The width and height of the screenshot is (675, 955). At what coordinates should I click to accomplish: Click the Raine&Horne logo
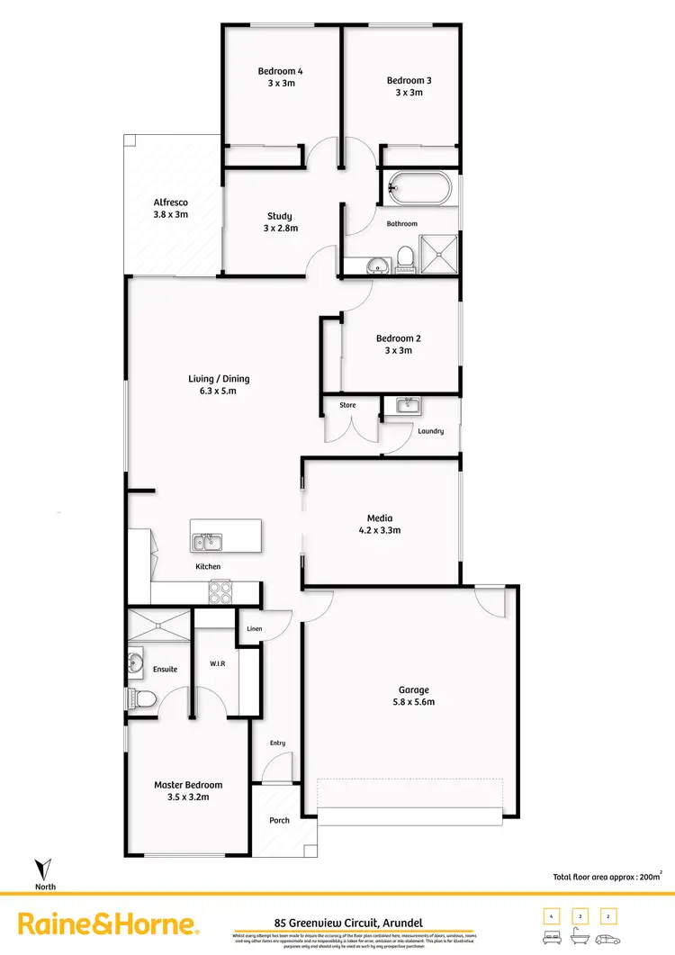107,924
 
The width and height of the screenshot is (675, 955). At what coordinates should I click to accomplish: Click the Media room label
380,518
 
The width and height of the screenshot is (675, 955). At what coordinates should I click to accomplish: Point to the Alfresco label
170,203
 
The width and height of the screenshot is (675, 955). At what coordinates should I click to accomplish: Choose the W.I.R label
217,664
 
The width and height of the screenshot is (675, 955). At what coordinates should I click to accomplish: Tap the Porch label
279,821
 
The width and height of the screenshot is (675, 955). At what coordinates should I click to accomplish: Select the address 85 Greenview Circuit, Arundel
347,922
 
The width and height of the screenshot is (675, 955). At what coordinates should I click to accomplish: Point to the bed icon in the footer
549,935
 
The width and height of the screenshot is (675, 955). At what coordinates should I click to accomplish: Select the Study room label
279,216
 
